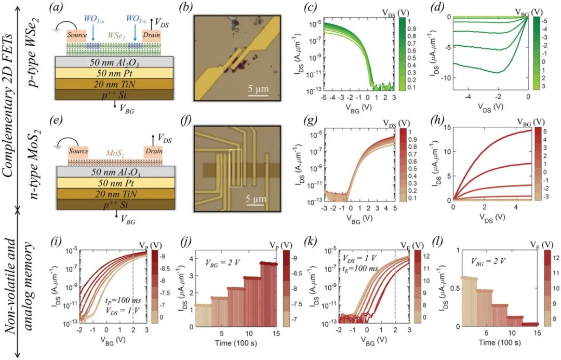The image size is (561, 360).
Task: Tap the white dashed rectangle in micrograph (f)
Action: [236, 168]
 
